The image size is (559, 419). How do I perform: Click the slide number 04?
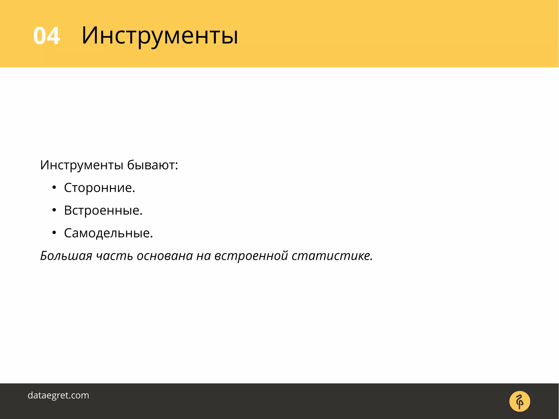point(46,36)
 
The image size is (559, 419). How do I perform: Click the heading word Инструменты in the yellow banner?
point(160,35)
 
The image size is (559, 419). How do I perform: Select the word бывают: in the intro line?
point(153,165)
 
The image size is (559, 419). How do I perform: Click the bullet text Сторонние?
point(100,188)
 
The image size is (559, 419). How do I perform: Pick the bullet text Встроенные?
point(103,210)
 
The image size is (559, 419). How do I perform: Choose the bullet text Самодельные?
point(108,233)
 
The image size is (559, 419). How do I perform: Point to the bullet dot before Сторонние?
point(54,188)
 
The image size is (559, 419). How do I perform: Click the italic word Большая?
point(66,256)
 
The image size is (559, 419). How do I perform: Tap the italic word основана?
point(165,256)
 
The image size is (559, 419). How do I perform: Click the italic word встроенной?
point(251,256)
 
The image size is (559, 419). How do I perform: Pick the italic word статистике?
point(332,256)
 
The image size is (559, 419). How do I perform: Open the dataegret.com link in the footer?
point(58,395)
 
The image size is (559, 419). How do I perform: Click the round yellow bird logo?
point(519,401)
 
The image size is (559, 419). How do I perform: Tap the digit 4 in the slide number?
point(53,36)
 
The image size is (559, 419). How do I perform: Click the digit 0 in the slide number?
point(39,36)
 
